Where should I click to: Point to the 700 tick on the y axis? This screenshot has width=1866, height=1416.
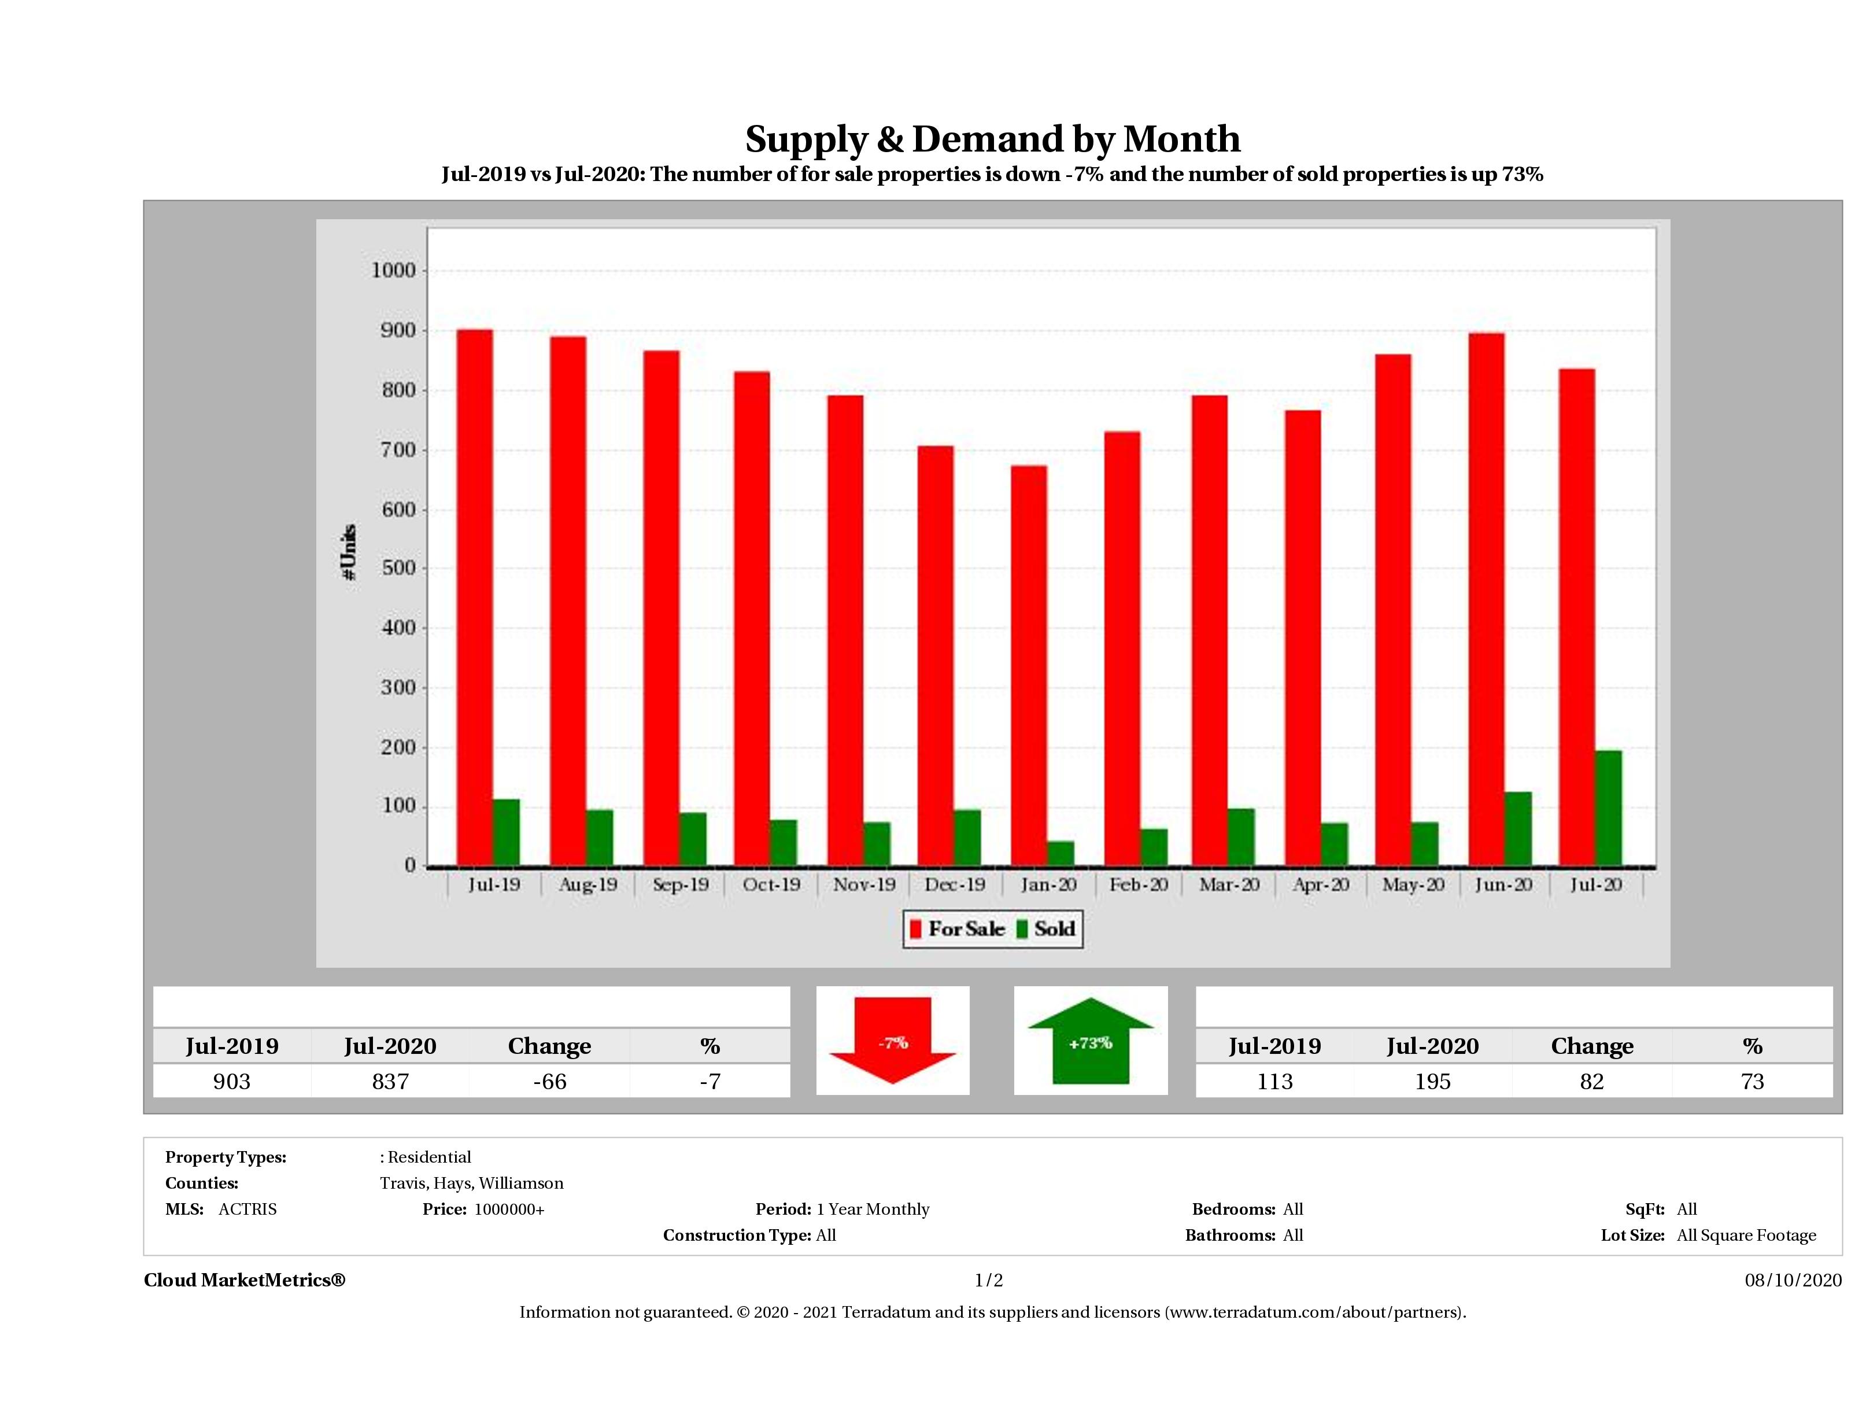[393, 450]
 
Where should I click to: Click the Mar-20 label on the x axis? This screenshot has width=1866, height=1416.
[1229, 884]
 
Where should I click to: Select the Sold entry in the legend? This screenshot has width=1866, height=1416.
[1046, 929]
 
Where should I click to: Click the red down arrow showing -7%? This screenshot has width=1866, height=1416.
[892, 1041]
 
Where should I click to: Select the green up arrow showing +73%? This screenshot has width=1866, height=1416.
[1090, 1041]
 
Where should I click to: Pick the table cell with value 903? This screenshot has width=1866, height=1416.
[232, 1081]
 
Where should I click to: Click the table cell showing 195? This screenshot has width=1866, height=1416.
[1432, 1081]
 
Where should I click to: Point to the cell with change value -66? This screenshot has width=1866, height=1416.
[549, 1081]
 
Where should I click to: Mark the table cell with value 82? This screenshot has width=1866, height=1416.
[1591, 1081]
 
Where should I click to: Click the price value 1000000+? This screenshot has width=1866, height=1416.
[509, 1210]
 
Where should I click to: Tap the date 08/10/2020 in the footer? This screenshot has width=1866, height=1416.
[1793, 1280]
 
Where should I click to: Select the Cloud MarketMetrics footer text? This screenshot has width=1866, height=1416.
[245, 1280]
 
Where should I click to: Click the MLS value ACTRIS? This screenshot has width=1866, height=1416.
[247, 1210]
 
